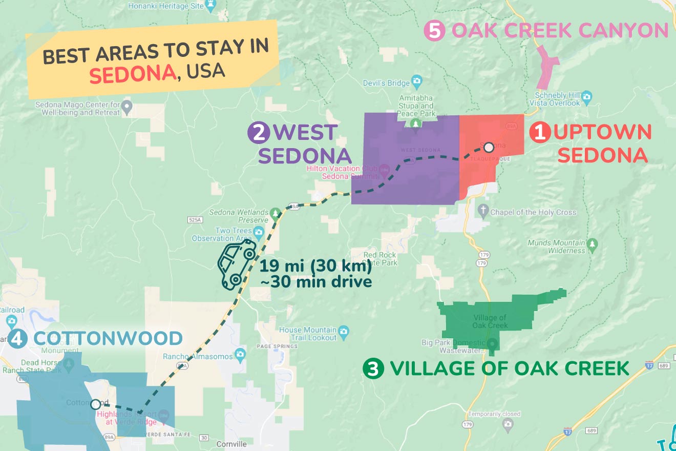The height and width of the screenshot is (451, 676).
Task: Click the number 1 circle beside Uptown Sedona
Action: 539,133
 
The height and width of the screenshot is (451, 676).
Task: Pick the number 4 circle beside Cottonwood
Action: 18,338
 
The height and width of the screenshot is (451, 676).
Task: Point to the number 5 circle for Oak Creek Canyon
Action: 434,31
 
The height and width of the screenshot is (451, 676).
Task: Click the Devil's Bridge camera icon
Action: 417,81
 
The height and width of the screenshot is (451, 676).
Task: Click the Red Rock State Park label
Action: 380,259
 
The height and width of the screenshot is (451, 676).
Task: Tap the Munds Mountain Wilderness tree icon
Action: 593,243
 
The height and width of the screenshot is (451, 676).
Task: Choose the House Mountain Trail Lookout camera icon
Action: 344,331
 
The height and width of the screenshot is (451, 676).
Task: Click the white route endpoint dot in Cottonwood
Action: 95,404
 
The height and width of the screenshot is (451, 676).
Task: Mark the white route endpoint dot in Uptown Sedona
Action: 489,148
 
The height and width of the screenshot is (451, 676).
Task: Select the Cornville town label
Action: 231,444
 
